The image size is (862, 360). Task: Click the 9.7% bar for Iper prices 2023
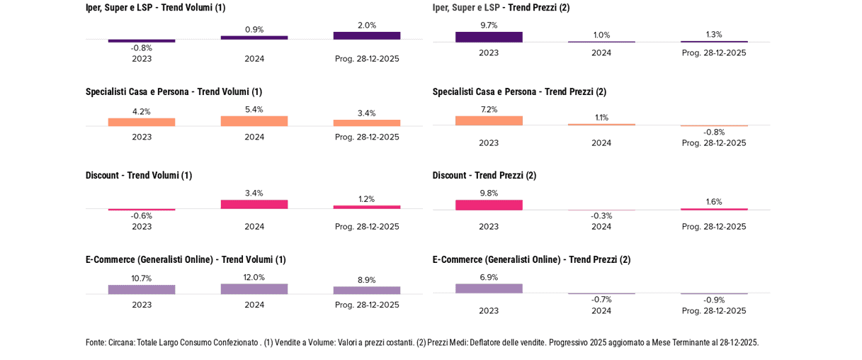489,37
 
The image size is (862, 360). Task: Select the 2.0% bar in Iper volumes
367,35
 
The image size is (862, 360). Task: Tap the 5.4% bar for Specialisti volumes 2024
254,121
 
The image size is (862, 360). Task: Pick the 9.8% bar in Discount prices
489,205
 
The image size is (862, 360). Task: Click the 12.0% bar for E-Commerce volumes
254,289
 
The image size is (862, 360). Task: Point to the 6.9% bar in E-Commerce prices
489,288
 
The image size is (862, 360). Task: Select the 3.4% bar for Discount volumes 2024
254,205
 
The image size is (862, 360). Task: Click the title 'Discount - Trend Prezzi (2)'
484,175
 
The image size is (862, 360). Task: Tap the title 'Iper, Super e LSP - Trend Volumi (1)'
155,8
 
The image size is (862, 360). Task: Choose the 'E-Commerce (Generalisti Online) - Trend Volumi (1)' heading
186,259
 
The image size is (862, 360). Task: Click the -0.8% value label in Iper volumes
142,48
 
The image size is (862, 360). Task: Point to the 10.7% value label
142,279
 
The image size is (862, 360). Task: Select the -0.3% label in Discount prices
601,216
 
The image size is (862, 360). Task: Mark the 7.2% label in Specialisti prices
489,110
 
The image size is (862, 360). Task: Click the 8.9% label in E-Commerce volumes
367,280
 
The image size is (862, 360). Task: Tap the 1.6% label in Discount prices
714,202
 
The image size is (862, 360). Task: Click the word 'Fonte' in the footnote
96,343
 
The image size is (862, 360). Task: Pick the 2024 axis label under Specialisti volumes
254,137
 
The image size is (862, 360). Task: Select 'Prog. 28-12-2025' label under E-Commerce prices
714,311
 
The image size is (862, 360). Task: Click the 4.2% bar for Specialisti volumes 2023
142,123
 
